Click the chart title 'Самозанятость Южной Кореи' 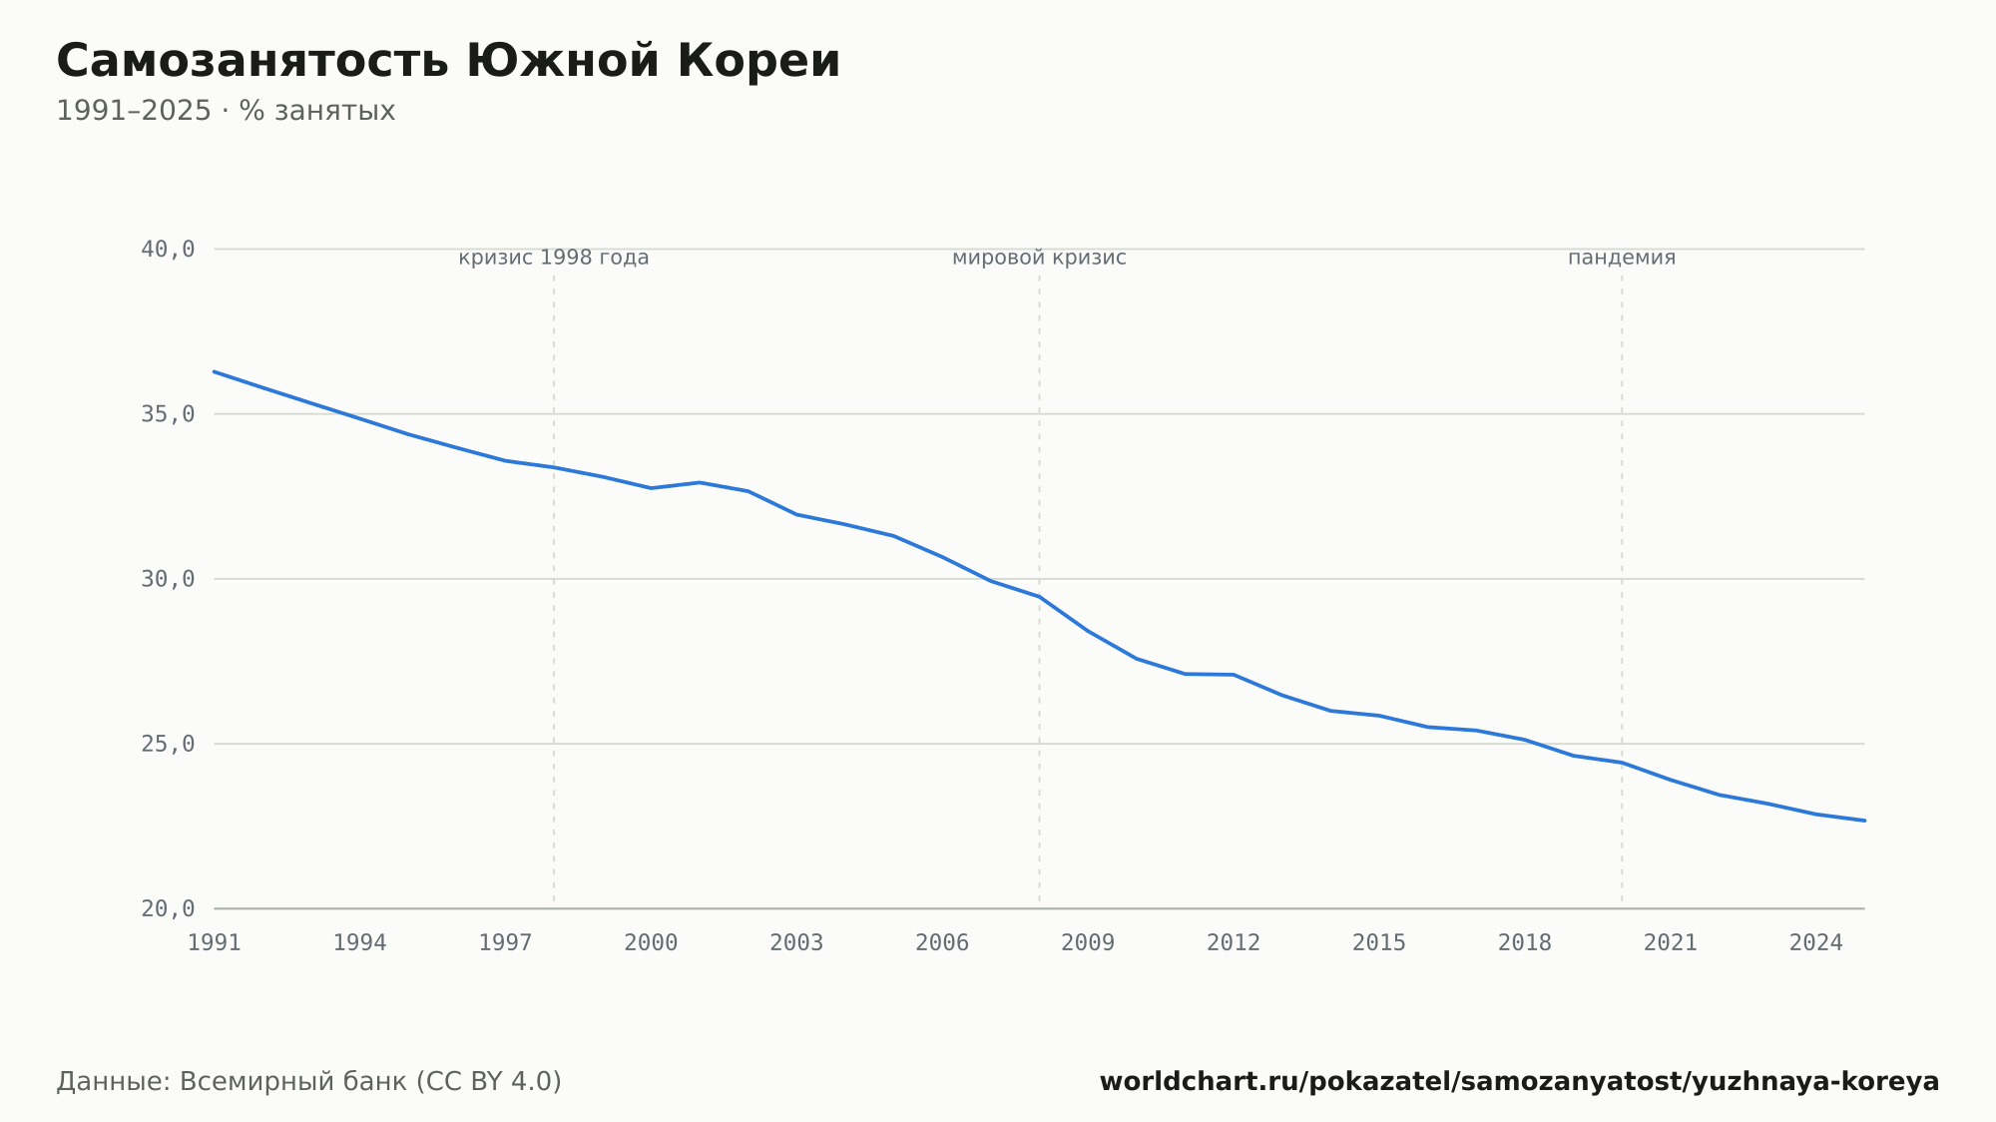click(448, 61)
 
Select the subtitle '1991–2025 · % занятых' click(226, 111)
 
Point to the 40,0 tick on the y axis click(168, 249)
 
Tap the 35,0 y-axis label click(168, 414)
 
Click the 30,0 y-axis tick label click(168, 579)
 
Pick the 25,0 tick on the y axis click(168, 744)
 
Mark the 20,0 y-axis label click(168, 908)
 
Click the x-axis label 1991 click(215, 943)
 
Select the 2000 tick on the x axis click(651, 943)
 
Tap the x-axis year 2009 click(1088, 943)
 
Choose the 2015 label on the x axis click(1379, 943)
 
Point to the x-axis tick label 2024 click(1816, 943)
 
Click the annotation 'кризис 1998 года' click(554, 258)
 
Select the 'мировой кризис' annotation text click(1039, 258)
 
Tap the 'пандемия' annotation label click(1622, 258)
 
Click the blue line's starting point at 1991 click(215, 371)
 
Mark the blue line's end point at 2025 click(1864, 821)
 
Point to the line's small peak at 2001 click(700, 482)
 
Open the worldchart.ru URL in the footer click(1519, 1082)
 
